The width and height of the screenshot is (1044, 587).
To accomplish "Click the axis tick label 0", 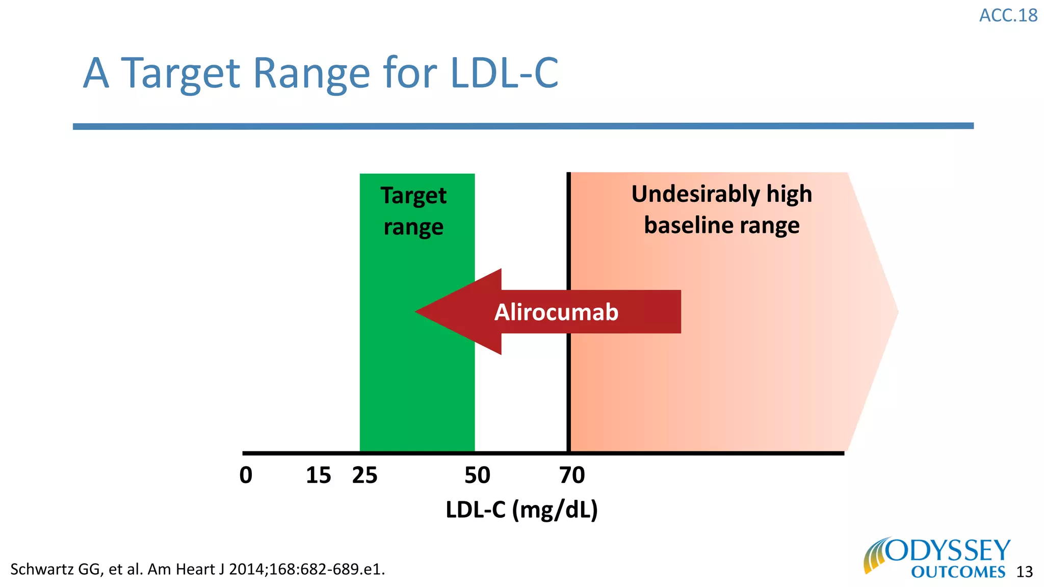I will [x=246, y=475].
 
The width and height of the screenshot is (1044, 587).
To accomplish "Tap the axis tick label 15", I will [x=318, y=475].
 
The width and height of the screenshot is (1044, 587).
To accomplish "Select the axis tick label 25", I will [x=364, y=475].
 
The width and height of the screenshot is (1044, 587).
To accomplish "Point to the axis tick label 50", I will [x=477, y=475].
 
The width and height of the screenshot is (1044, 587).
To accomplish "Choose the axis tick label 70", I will [x=572, y=475].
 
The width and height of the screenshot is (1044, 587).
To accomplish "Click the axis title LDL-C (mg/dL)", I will [x=521, y=510].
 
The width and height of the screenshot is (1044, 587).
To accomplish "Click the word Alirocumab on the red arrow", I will [x=556, y=312].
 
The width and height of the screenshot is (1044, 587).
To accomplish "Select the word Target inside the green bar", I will [x=413, y=196].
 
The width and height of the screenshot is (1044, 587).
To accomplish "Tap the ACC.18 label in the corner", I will [x=1008, y=16].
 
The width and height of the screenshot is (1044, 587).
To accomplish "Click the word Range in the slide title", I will [x=311, y=74].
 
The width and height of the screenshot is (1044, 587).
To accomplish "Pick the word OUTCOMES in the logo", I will [x=958, y=572].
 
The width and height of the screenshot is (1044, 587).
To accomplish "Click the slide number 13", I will [x=1024, y=572].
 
